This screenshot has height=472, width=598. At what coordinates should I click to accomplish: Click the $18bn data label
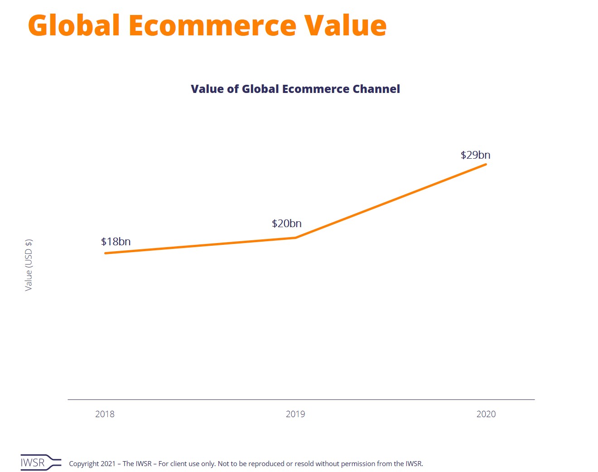coord(116,242)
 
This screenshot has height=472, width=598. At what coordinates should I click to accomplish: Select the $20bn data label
coord(287,224)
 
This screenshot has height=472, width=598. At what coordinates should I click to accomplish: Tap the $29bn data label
coord(475,155)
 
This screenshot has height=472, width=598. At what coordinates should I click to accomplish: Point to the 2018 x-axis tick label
coord(105,414)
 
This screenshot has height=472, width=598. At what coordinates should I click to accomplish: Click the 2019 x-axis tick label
coord(295,414)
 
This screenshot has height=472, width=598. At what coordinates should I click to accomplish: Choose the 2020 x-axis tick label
coord(486,414)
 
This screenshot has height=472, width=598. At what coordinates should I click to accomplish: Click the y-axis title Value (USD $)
coord(29,265)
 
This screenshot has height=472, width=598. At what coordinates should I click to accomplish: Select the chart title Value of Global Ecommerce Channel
coord(295,89)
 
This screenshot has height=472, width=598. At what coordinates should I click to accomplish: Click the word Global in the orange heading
coord(74,25)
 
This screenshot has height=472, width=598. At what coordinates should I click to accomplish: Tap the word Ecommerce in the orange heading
coord(212,25)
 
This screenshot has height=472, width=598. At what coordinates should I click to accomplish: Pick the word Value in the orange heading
coord(345,25)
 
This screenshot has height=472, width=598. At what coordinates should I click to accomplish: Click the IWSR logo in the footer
coord(40,462)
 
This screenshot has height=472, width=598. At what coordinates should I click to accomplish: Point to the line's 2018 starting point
coord(106,253)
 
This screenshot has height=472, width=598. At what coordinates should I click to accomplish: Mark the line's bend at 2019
coord(295,238)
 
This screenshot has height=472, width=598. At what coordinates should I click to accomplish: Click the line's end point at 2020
coord(486,164)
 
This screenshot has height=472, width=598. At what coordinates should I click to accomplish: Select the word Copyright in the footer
coord(84,464)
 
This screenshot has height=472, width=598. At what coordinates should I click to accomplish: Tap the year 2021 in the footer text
coord(108,464)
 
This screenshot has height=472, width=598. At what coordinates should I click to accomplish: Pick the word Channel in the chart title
coord(376,89)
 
